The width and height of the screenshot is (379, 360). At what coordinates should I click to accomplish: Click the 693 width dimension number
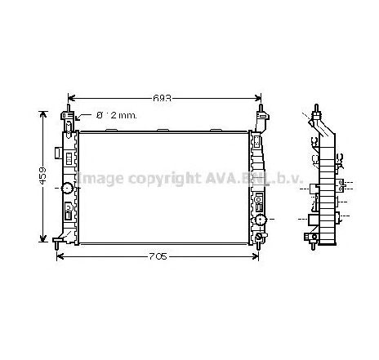click(164, 99)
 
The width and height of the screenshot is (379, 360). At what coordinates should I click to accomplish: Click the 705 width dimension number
click(158, 256)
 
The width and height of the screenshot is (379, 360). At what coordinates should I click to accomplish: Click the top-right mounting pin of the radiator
click(261, 110)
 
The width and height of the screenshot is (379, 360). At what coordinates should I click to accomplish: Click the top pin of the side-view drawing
click(314, 110)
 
